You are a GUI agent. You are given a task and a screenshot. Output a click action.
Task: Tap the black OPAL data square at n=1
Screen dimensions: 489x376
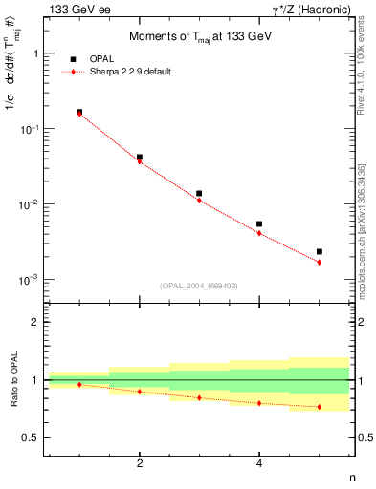79,112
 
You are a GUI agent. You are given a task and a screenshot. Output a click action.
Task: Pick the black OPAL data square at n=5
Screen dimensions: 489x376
320,252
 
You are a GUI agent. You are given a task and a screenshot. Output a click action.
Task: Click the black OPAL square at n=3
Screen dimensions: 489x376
199,193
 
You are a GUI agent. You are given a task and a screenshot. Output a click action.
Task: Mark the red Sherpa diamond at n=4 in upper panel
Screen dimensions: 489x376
259,233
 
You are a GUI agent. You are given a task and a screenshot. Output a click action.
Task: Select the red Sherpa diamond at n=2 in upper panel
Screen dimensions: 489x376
140,161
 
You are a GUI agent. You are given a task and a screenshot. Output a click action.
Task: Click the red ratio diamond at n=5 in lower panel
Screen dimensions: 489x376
320,407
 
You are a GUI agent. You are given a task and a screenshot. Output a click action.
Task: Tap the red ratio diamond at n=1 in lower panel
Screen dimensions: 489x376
79,384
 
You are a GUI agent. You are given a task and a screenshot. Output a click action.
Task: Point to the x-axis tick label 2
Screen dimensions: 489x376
140,463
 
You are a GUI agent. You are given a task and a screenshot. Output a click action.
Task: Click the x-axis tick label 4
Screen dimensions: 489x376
259,463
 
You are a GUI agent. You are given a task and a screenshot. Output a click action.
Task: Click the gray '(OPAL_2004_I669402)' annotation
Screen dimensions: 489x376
197,285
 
